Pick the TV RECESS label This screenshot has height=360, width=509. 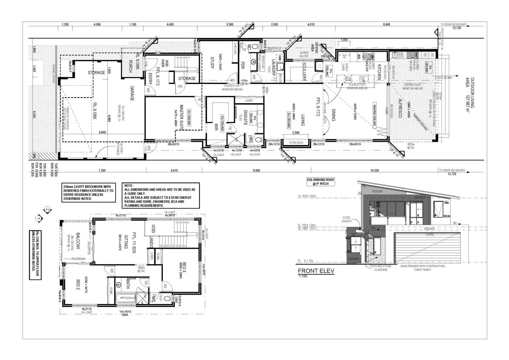click(x=296, y=143)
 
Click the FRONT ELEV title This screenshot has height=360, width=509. click(x=316, y=271)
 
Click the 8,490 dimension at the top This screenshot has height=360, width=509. click(x=386, y=25)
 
